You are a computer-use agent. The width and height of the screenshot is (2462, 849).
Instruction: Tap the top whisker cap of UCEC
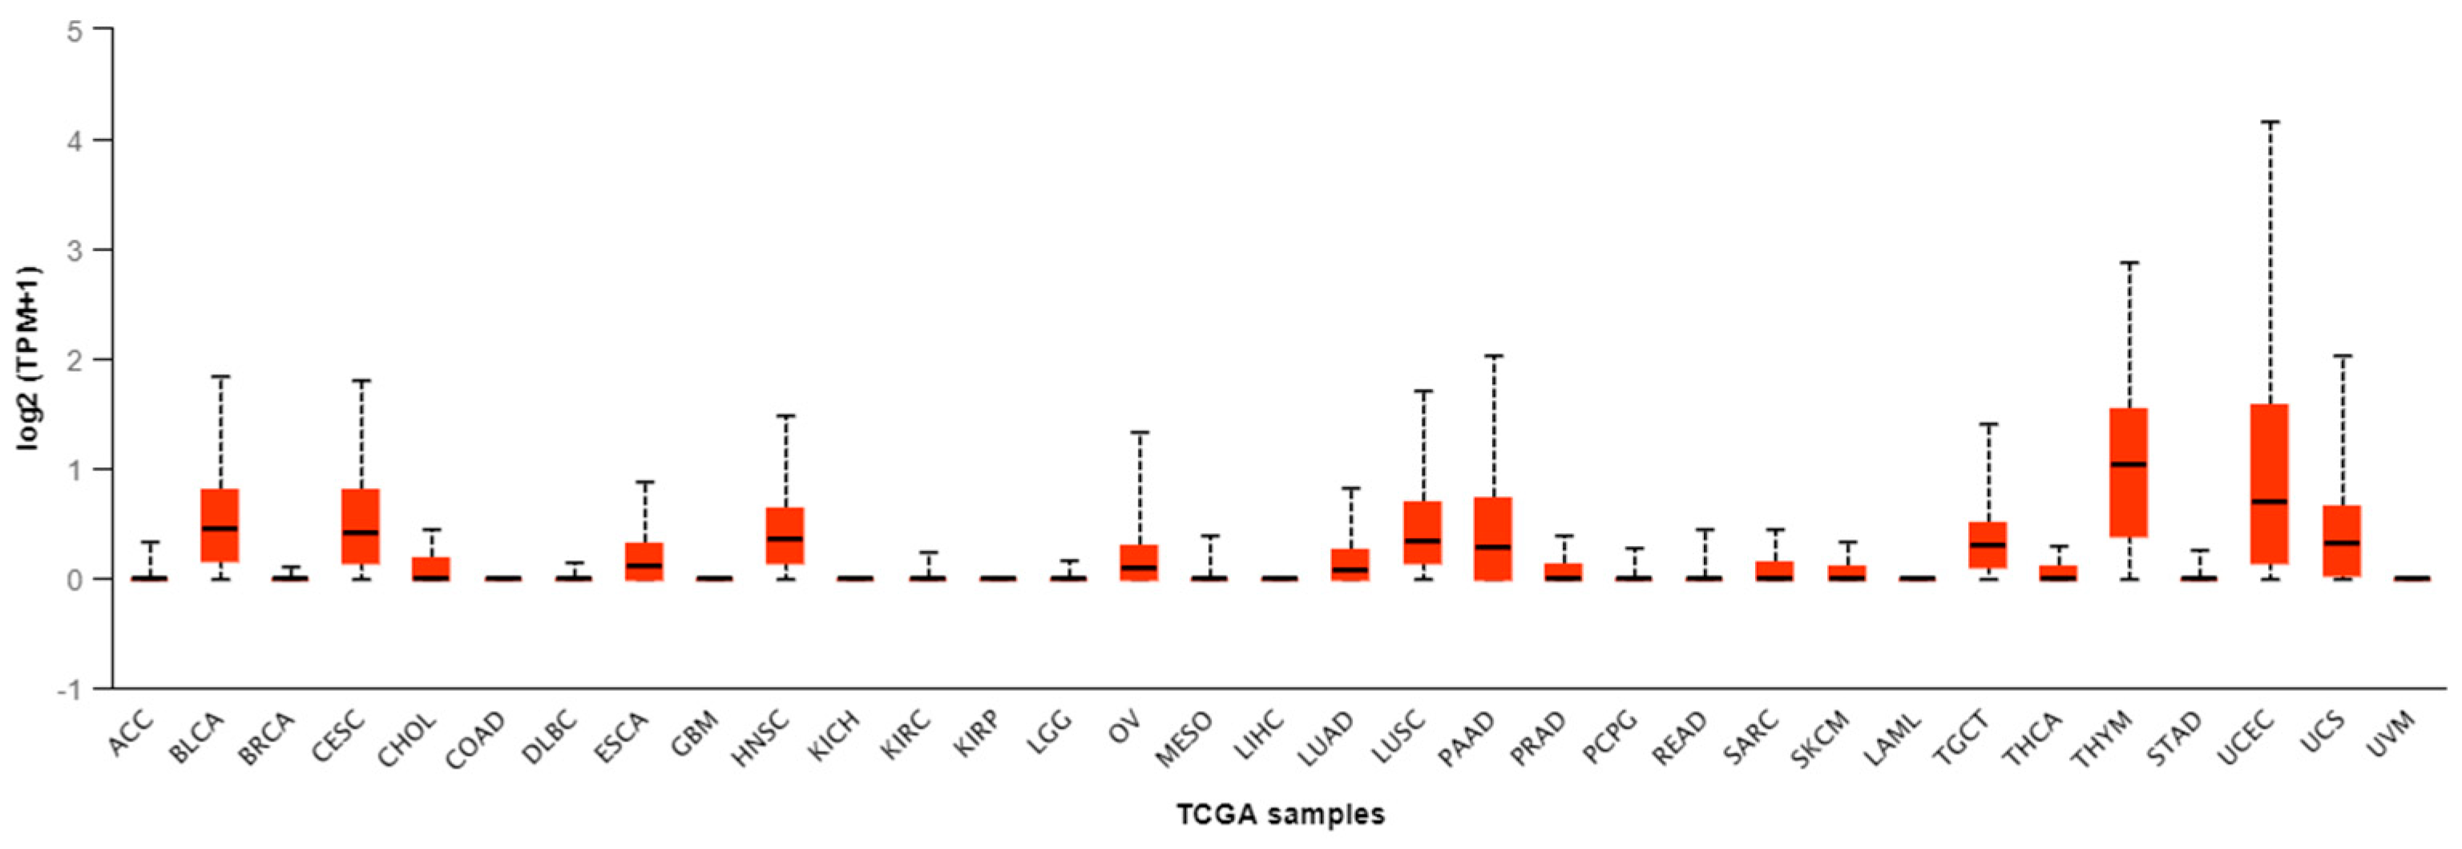(x=2270, y=123)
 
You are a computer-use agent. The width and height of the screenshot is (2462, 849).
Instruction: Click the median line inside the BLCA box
(x=220, y=528)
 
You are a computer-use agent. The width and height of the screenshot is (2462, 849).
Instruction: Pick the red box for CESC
(x=361, y=527)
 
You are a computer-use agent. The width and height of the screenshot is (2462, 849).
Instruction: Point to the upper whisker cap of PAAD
(x=1494, y=356)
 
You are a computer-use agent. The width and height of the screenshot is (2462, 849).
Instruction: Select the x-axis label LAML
(x=1895, y=738)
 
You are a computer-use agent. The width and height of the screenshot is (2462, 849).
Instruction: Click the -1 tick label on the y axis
(x=71, y=689)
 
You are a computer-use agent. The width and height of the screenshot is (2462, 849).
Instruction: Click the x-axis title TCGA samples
(x=1280, y=815)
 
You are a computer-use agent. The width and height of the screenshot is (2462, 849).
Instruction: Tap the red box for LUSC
(x=1423, y=532)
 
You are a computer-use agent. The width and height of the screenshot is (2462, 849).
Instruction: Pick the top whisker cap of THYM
(x=2129, y=262)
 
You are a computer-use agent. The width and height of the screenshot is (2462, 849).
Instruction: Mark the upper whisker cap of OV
(x=1140, y=432)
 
